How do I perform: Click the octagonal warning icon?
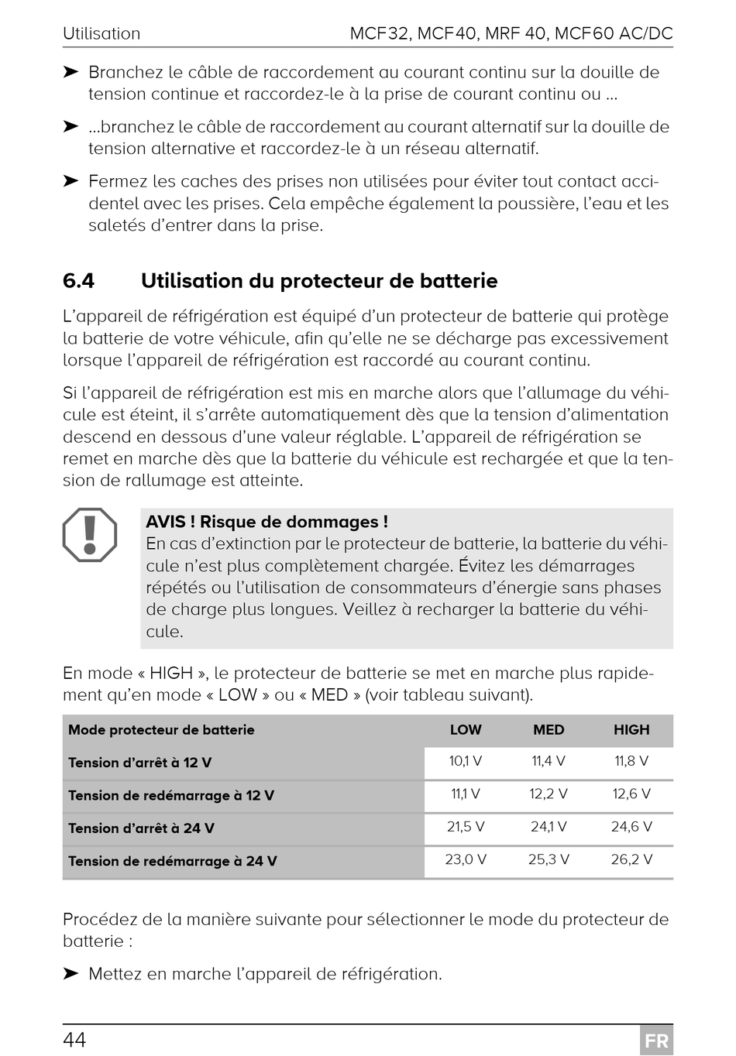click(90, 535)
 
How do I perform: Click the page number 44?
click(74, 1039)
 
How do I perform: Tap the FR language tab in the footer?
click(656, 1041)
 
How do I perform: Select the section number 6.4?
click(79, 281)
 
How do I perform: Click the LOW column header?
click(466, 730)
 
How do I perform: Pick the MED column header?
click(549, 730)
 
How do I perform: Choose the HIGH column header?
click(631, 730)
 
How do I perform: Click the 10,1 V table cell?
click(466, 761)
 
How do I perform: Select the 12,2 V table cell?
click(549, 794)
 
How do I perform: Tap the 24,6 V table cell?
click(631, 827)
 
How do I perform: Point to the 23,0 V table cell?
click(466, 859)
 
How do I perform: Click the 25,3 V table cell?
click(549, 859)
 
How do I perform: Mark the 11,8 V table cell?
click(631, 761)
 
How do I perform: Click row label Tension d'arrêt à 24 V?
click(141, 828)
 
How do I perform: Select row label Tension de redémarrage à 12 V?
click(170, 796)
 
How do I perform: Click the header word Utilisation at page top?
click(101, 34)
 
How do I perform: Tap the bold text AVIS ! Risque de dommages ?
click(267, 523)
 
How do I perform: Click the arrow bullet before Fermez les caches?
click(71, 181)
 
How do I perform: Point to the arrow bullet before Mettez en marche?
click(71, 973)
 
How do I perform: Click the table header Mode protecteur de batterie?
click(161, 730)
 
